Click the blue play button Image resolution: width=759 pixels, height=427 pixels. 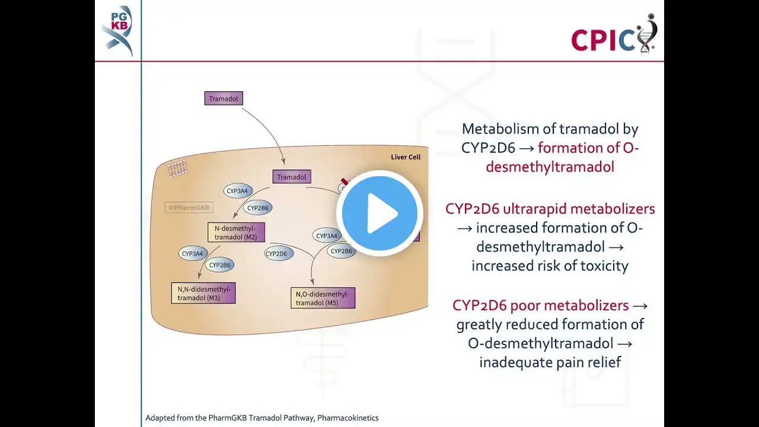click(x=379, y=213)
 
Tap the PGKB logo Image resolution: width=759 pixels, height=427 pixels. click(x=117, y=30)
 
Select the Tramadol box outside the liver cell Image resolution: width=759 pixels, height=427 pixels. click(x=224, y=98)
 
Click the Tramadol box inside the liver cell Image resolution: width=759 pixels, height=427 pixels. click(x=291, y=177)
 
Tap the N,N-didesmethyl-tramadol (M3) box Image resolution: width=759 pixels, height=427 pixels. click(x=203, y=293)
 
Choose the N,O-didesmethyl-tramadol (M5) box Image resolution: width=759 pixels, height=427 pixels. click(x=323, y=298)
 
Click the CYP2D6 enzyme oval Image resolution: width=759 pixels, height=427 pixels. click(x=276, y=254)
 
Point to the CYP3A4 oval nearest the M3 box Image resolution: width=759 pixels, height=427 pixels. click(x=193, y=254)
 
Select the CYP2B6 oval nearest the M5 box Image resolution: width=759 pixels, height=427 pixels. click(x=341, y=251)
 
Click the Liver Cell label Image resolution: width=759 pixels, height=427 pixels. click(x=406, y=157)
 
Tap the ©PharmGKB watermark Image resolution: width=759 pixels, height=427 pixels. click(x=189, y=208)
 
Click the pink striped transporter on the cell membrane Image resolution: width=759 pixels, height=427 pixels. click(x=177, y=168)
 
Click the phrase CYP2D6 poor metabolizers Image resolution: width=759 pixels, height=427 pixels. click(x=540, y=305)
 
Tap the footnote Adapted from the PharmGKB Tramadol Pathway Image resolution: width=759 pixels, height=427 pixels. click(x=262, y=418)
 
